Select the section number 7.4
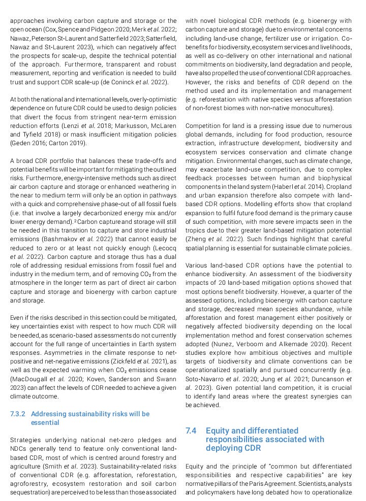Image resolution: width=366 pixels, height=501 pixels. point(191,430)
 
